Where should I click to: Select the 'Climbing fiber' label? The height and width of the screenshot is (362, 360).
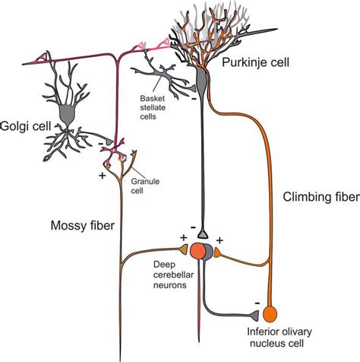321,198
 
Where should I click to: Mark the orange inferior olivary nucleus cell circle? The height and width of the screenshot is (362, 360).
270,313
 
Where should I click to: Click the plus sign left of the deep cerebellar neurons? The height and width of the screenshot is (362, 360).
183,238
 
